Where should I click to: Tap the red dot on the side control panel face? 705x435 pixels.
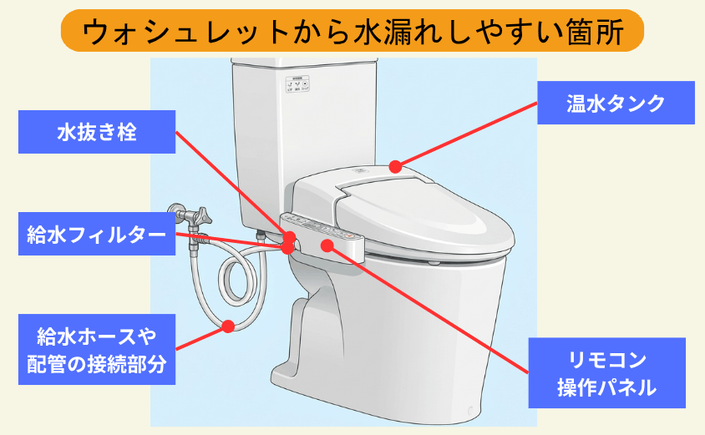327,245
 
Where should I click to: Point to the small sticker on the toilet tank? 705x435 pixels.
298,87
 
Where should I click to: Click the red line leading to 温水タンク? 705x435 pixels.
468,134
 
